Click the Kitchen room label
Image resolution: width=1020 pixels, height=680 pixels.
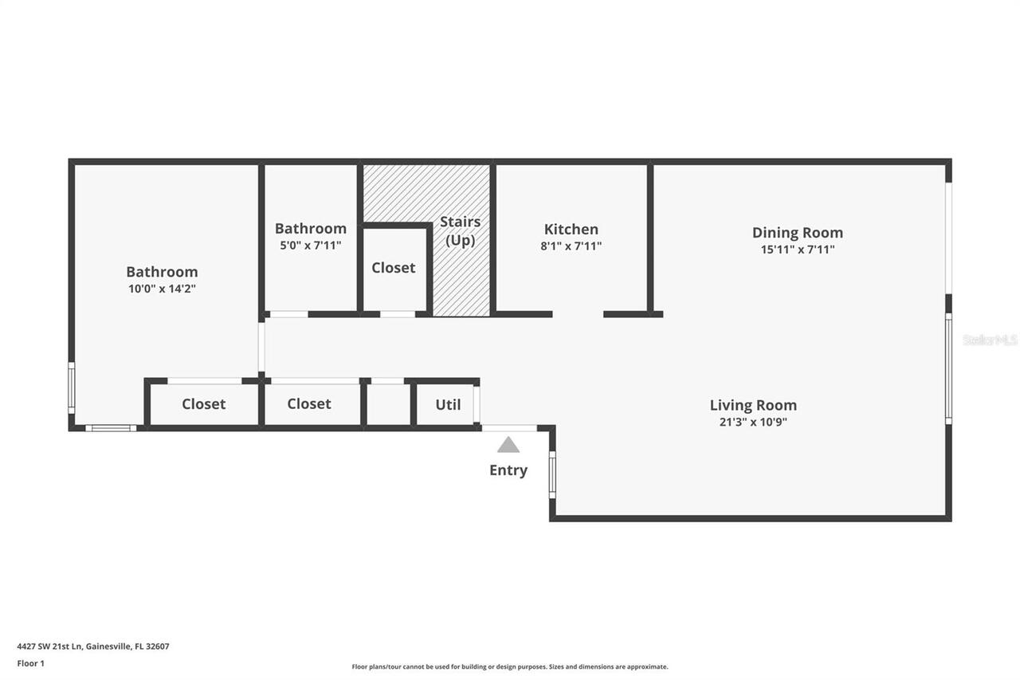pos(571,230)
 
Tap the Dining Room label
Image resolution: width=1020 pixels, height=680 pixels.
pos(797,233)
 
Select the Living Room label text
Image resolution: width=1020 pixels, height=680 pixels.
pos(753,405)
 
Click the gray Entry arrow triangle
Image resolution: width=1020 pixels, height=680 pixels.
pos(508,445)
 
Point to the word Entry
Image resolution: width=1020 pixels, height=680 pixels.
pos(508,470)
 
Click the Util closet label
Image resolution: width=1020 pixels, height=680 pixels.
pos(448,404)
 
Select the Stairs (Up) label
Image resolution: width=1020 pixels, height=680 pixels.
pos(460,230)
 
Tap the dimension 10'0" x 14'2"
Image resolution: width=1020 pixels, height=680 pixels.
pos(162,289)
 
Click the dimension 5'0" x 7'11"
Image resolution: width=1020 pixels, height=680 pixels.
pos(310,246)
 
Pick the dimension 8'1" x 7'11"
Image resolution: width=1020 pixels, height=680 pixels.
pos(571,246)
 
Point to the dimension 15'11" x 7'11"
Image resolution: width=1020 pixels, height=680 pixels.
pos(797,250)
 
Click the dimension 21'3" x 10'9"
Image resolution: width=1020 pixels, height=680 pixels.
pos(753,422)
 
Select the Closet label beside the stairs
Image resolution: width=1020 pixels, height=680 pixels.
pos(394,268)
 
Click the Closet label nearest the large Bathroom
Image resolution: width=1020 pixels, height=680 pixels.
pos(204,404)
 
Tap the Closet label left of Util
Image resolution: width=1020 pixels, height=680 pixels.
pos(309,404)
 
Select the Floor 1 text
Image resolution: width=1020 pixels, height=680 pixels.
pos(31,663)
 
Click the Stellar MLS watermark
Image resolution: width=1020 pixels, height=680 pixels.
pos(990,340)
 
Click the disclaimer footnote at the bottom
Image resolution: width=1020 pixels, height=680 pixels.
pos(510,666)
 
